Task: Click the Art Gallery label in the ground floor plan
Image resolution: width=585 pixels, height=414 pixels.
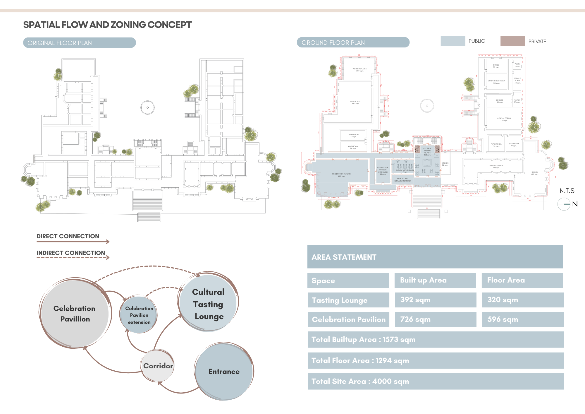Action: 355,102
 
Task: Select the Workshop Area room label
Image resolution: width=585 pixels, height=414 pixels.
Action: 359,70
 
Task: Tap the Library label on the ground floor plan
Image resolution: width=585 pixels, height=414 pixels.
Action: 534,173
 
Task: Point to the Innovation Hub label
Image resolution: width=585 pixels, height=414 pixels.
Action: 496,167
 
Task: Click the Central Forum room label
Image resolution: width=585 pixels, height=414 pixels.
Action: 504,119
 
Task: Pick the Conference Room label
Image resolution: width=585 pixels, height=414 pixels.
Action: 496,82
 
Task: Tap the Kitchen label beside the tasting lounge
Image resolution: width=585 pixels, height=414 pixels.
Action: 445,164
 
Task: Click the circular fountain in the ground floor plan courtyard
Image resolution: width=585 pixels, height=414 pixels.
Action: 427,106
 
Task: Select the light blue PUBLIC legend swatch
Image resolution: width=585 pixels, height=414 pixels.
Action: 453,41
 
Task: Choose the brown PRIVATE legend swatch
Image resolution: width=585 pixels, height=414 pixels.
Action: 512,41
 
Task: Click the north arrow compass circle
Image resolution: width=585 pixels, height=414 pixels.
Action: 564,204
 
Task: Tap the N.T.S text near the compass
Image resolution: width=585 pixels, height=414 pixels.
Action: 567,191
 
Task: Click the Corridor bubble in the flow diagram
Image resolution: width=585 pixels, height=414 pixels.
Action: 158,366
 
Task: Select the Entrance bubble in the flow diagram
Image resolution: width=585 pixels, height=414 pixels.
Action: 224,371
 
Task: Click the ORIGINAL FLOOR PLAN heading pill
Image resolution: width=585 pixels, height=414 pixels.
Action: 79,43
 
